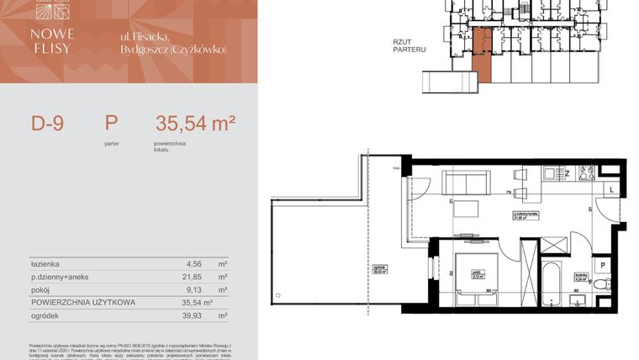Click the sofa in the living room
467,182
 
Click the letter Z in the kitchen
567,174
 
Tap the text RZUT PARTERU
409,45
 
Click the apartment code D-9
48,124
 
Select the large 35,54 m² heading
195,124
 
